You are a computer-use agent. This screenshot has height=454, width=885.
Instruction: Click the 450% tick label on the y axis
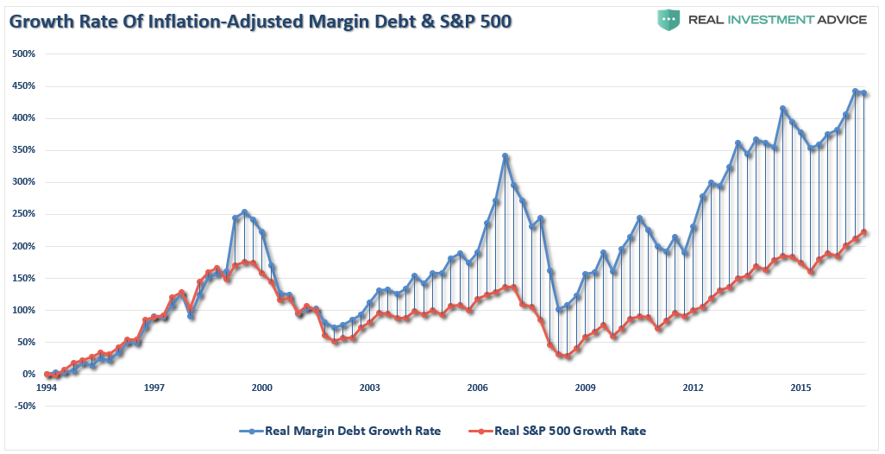(x=23, y=86)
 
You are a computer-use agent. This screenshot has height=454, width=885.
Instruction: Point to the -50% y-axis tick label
(x=25, y=406)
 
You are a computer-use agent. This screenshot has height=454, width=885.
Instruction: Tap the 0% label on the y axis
(x=28, y=374)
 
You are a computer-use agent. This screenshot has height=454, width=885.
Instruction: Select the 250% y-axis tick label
(x=23, y=214)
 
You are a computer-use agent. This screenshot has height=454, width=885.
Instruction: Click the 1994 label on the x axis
(x=47, y=388)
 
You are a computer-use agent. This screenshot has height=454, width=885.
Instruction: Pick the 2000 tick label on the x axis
(x=262, y=388)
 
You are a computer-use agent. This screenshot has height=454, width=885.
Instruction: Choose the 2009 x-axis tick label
(x=585, y=388)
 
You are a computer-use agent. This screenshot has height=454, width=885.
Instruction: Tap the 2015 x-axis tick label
(x=800, y=388)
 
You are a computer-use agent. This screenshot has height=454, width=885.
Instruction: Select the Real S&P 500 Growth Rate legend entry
(x=569, y=431)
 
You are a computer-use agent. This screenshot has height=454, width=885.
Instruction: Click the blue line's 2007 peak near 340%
(x=505, y=156)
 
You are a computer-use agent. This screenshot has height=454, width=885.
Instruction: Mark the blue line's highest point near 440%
(x=855, y=91)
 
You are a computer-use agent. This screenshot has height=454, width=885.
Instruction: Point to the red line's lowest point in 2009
(x=568, y=356)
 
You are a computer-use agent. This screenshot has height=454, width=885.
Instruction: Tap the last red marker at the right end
(x=864, y=232)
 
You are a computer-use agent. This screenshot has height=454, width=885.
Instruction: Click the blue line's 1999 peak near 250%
(x=244, y=211)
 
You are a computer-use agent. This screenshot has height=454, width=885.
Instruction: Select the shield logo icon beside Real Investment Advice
(x=668, y=19)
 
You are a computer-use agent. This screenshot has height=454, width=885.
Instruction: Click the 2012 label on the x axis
(x=693, y=388)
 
